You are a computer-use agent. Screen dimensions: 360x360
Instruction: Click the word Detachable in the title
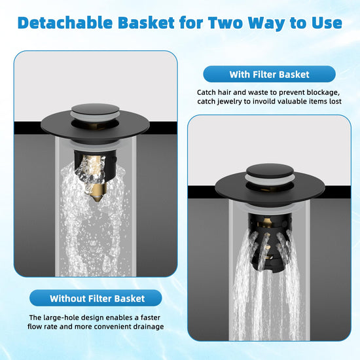pyautogui.click(x=65, y=23)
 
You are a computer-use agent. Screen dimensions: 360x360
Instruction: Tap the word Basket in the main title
pyautogui.click(x=147, y=23)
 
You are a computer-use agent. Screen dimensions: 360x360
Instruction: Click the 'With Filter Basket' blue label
pyautogui.click(x=269, y=74)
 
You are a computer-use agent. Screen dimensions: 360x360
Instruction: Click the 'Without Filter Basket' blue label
pyautogui.click(x=96, y=298)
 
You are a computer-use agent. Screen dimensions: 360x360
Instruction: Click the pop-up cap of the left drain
pyautogui.click(x=95, y=110)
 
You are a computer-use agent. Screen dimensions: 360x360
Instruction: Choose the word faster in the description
pyautogui.click(x=151, y=317)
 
